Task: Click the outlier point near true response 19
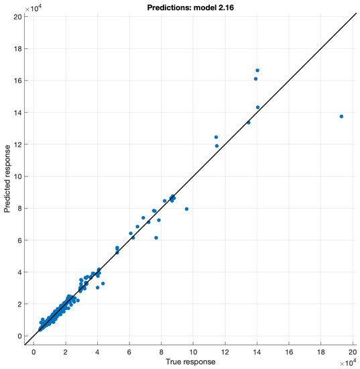click(341, 116)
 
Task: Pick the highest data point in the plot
click(257, 70)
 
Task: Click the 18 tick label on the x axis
click(321, 351)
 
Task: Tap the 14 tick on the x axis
click(257, 351)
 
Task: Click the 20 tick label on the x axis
click(353, 351)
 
